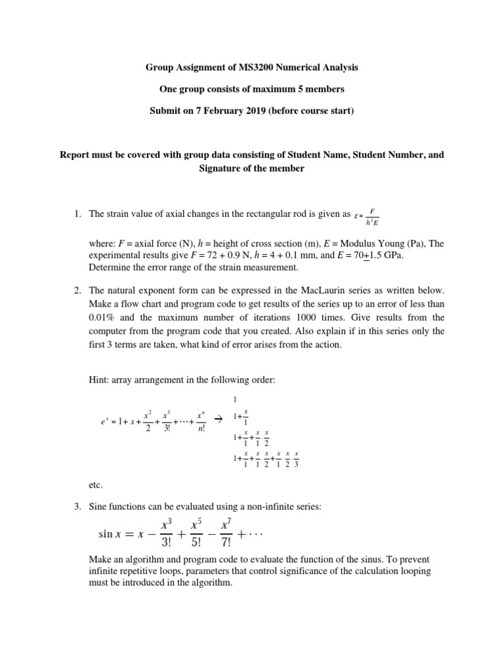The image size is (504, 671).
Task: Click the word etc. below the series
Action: [x=95, y=486]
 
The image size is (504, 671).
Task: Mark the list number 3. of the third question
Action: [x=77, y=507]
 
